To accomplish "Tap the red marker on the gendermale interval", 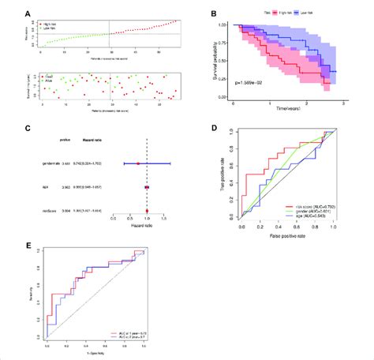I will (138, 163).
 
